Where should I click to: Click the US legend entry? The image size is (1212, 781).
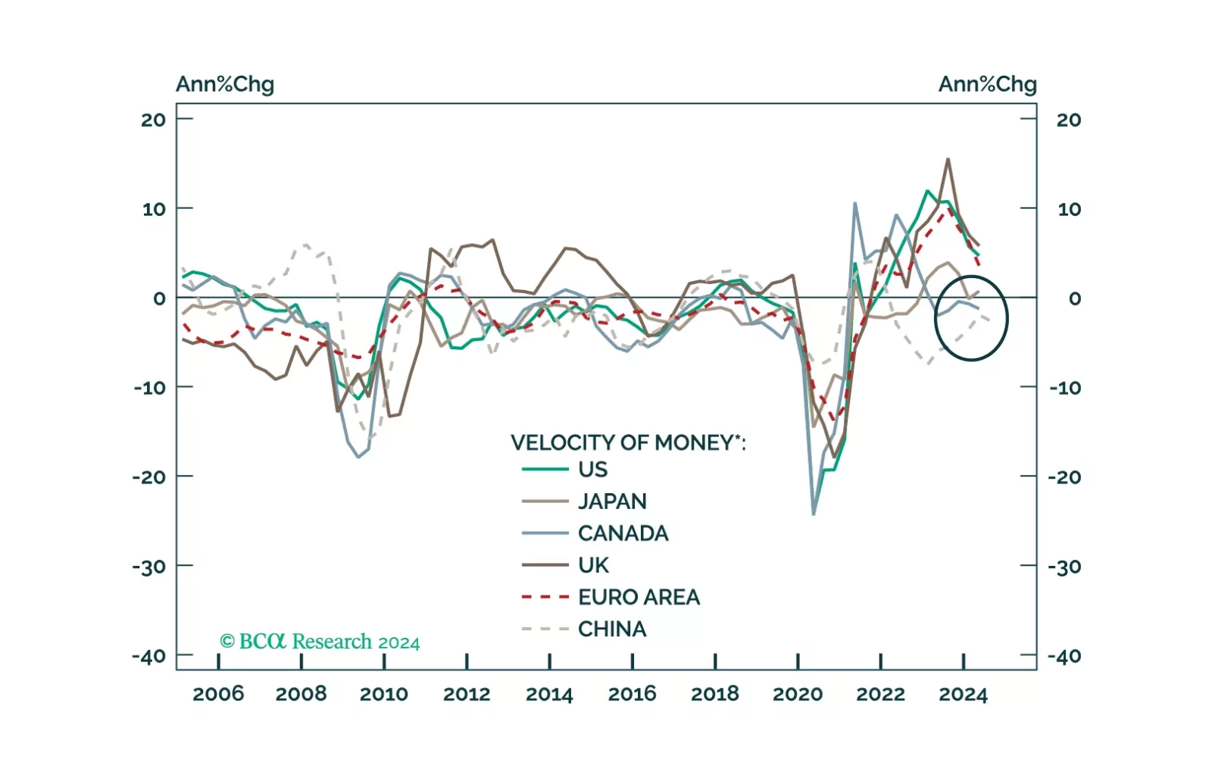592,470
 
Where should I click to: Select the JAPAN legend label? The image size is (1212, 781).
612,501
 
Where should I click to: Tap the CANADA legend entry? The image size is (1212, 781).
623,533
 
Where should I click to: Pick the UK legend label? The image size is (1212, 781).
593,565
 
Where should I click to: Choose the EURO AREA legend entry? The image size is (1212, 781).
639,597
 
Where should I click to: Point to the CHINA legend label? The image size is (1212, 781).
612,629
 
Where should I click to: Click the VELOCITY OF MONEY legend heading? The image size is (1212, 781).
628,442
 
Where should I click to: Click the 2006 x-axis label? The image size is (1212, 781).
218,694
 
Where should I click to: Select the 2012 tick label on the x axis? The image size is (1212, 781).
467,694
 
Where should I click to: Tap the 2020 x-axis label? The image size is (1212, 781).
798,694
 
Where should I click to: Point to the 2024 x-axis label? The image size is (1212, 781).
963,694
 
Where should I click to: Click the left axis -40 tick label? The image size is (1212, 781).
149,656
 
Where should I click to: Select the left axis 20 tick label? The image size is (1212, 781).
154,120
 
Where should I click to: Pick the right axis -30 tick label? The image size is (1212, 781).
1064,567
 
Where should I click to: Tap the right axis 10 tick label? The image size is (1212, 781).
1069,209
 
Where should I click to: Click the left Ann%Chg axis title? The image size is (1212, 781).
225,84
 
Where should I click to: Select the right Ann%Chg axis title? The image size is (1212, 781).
987,84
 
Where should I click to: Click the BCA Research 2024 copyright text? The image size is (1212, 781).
319,642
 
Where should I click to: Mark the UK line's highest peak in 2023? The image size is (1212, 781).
948,159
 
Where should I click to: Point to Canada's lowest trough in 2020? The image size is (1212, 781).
814,514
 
